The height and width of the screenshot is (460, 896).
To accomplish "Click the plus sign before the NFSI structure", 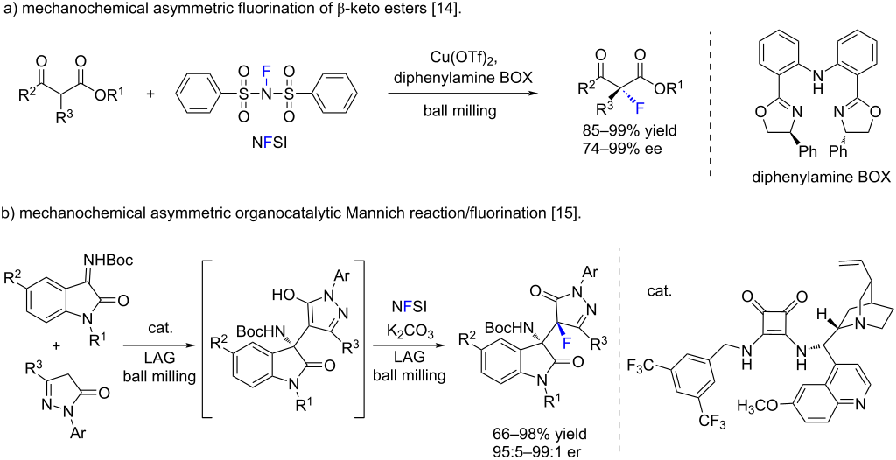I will pos(150,92).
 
